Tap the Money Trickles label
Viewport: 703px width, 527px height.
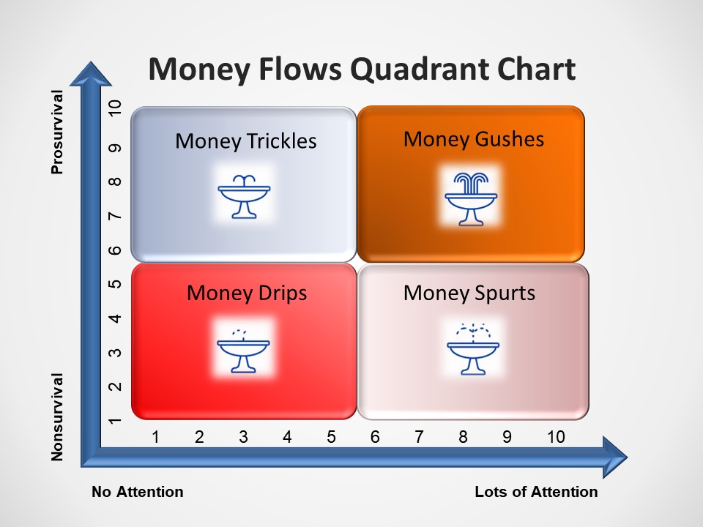[x=246, y=141]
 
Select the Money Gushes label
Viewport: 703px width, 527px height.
[x=474, y=139]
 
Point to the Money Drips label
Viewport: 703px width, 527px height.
[x=247, y=294]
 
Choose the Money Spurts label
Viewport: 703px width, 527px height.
[x=469, y=294]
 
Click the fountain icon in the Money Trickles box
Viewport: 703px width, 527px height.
[x=244, y=196]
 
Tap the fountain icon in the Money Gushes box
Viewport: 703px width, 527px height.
[x=471, y=198]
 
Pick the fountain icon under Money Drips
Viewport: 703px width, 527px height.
[x=243, y=351]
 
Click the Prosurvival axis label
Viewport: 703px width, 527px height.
[x=57, y=132]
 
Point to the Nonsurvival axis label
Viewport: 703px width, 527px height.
[x=57, y=416]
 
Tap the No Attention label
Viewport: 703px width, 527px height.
[x=138, y=492]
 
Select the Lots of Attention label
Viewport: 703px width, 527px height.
[x=536, y=492]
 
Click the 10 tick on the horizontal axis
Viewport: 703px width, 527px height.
[x=556, y=437]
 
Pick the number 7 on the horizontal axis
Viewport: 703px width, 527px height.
[x=419, y=437]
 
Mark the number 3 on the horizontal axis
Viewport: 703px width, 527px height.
[x=243, y=437]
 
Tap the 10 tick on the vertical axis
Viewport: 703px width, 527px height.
[x=115, y=108]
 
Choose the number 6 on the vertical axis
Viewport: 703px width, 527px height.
[x=115, y=250]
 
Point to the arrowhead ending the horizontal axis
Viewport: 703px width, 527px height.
[x=615, y=457]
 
